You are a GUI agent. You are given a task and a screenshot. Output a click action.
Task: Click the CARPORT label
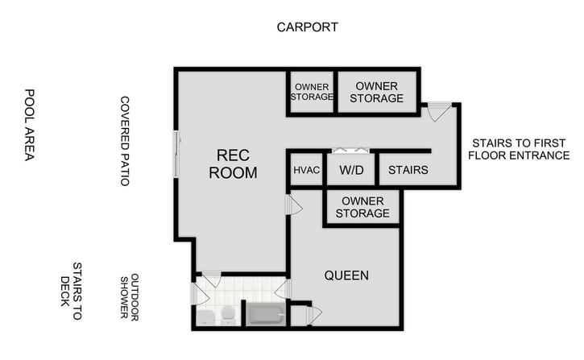(307, 27)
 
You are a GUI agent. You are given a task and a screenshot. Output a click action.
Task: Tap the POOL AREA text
(29, 125)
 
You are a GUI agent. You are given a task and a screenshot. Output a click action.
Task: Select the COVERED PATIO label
(125, 141)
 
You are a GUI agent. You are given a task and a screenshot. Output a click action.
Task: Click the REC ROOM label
(233, 163)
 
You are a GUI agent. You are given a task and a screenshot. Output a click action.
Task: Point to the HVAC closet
(307, 171)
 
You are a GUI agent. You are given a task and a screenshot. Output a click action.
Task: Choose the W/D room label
(351, 171)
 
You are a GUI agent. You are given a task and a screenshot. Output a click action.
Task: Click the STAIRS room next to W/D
(408, 171)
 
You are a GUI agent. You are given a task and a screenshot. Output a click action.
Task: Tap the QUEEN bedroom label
(346, 275)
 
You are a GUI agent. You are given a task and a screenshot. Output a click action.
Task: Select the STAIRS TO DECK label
(71, 290)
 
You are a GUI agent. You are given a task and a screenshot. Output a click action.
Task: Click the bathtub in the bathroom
(265, 312)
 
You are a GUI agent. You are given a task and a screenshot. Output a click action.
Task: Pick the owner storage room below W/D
(365, 207)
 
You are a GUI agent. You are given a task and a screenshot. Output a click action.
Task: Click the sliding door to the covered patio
(177, 154)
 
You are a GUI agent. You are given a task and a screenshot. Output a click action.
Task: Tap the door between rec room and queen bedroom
(293, 205)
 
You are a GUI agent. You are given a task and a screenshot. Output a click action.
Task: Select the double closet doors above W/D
(351, 151)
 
